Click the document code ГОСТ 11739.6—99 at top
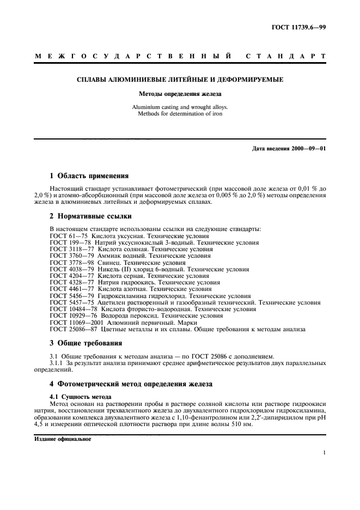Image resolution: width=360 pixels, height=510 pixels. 303,28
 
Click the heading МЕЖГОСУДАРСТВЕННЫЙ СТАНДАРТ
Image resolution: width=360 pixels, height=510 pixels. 180,56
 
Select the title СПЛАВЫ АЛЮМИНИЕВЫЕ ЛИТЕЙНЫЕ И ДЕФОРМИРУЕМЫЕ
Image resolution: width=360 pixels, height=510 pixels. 180,80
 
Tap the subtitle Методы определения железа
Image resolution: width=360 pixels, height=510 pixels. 180,94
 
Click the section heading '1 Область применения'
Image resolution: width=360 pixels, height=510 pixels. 89,176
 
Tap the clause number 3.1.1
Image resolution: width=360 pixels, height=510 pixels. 57,362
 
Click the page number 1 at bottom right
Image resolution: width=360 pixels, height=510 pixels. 324,453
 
